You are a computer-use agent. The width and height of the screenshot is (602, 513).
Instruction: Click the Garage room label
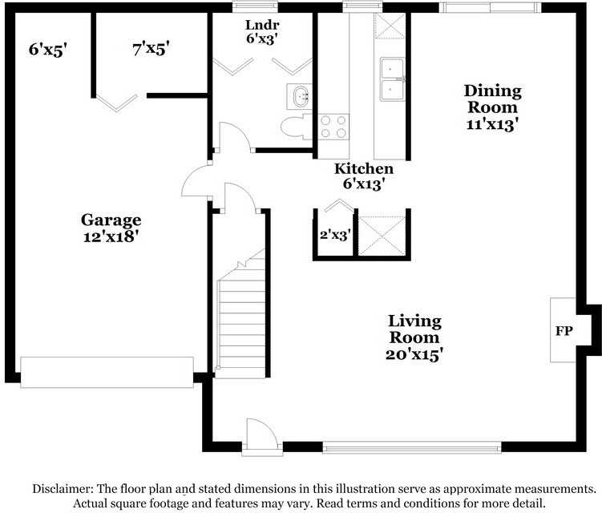pyautogui.click(x=111, y=220)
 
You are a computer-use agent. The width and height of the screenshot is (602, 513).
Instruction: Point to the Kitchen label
pyautogui.click(x=363, y=168)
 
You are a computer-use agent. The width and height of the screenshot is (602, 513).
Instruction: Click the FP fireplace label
pyautogui.click(x=564, y=330)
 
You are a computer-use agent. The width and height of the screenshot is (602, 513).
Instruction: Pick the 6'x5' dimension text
pyautogui.click(x=47, y=49)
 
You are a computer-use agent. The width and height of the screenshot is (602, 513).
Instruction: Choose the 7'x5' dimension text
pyautogui.click(x=151, y=49)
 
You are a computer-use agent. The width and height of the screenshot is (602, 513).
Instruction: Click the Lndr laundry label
pyautogui.click(x=261, y=23)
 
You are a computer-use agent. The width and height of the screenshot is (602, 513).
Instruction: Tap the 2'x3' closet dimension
pyautogui.click(x=335, y=235)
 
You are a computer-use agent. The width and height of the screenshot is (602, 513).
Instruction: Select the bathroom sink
pyautogui.click(x=301, y=96)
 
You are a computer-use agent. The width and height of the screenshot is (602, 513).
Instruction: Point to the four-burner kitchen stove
pyautogui.click(x=334, y=127)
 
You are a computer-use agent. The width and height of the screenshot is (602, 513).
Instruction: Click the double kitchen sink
pyautogui.click(x=392, y=79)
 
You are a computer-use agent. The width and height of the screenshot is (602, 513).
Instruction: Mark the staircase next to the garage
pyautogui.click(x=240, y=321)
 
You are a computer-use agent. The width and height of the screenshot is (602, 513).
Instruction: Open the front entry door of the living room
pyautogui.click(x=261, y=436)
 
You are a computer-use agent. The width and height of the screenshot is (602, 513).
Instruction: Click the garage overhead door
pyautogui.click(x=107, y=372)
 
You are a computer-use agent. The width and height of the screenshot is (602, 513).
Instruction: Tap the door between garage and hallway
pyautogui.click(x=197, y=180)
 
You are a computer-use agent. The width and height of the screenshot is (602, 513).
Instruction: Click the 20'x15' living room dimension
pyautogui.click(x=414, y=353)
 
